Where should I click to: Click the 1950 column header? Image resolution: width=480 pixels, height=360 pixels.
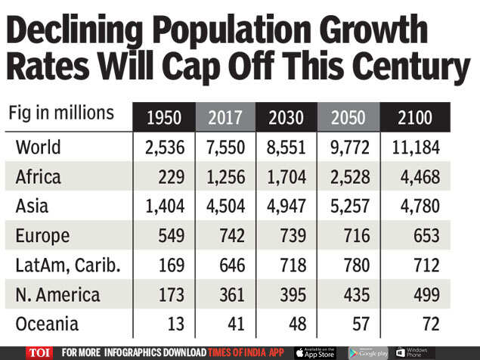[x=164, y=117]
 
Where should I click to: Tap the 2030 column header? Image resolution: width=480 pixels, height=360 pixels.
[x=288, y=117]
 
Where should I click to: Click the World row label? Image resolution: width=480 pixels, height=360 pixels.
[x=39, y=147]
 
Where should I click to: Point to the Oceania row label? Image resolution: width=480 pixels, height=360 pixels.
[x=47, y=324]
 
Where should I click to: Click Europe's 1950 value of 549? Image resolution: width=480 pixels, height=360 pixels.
[x=169, y=236]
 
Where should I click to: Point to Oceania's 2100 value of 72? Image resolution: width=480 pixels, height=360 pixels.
[x=430, y=324]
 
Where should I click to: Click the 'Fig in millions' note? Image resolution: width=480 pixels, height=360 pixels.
[x=61, y=113]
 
